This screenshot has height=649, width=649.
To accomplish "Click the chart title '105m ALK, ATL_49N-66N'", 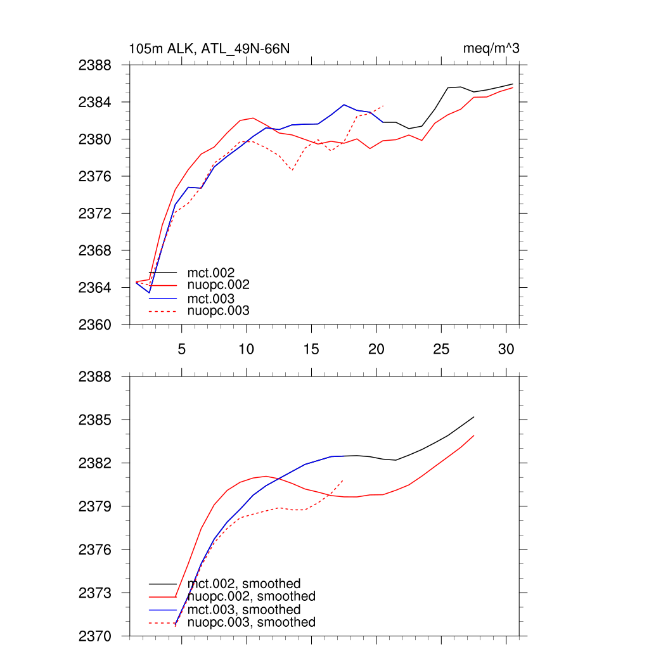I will tap(210, 49).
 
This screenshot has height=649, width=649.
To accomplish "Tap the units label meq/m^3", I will tap(492, 49).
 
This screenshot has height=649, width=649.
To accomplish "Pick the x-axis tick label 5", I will tap(181, 349).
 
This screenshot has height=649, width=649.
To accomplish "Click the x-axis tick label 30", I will tap(506, 349).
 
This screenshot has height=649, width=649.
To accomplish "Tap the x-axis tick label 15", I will tap(311, 349).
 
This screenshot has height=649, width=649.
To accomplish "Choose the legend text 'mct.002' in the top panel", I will tap(207, 273).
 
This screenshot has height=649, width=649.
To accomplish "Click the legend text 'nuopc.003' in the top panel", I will tap(219, 311).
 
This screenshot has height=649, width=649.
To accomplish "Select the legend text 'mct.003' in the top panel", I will tap(207, 299).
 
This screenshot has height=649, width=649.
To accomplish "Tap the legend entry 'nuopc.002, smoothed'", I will tap(252, 596).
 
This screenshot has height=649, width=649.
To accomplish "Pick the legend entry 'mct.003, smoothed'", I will tap(244, 610).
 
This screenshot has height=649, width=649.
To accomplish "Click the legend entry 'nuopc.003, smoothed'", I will tap(252, 622).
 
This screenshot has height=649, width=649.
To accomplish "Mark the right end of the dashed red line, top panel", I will tap(384, 105).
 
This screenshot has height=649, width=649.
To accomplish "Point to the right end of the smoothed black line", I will tap(474, 417).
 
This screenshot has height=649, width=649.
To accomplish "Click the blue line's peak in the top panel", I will tap(344, 105).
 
